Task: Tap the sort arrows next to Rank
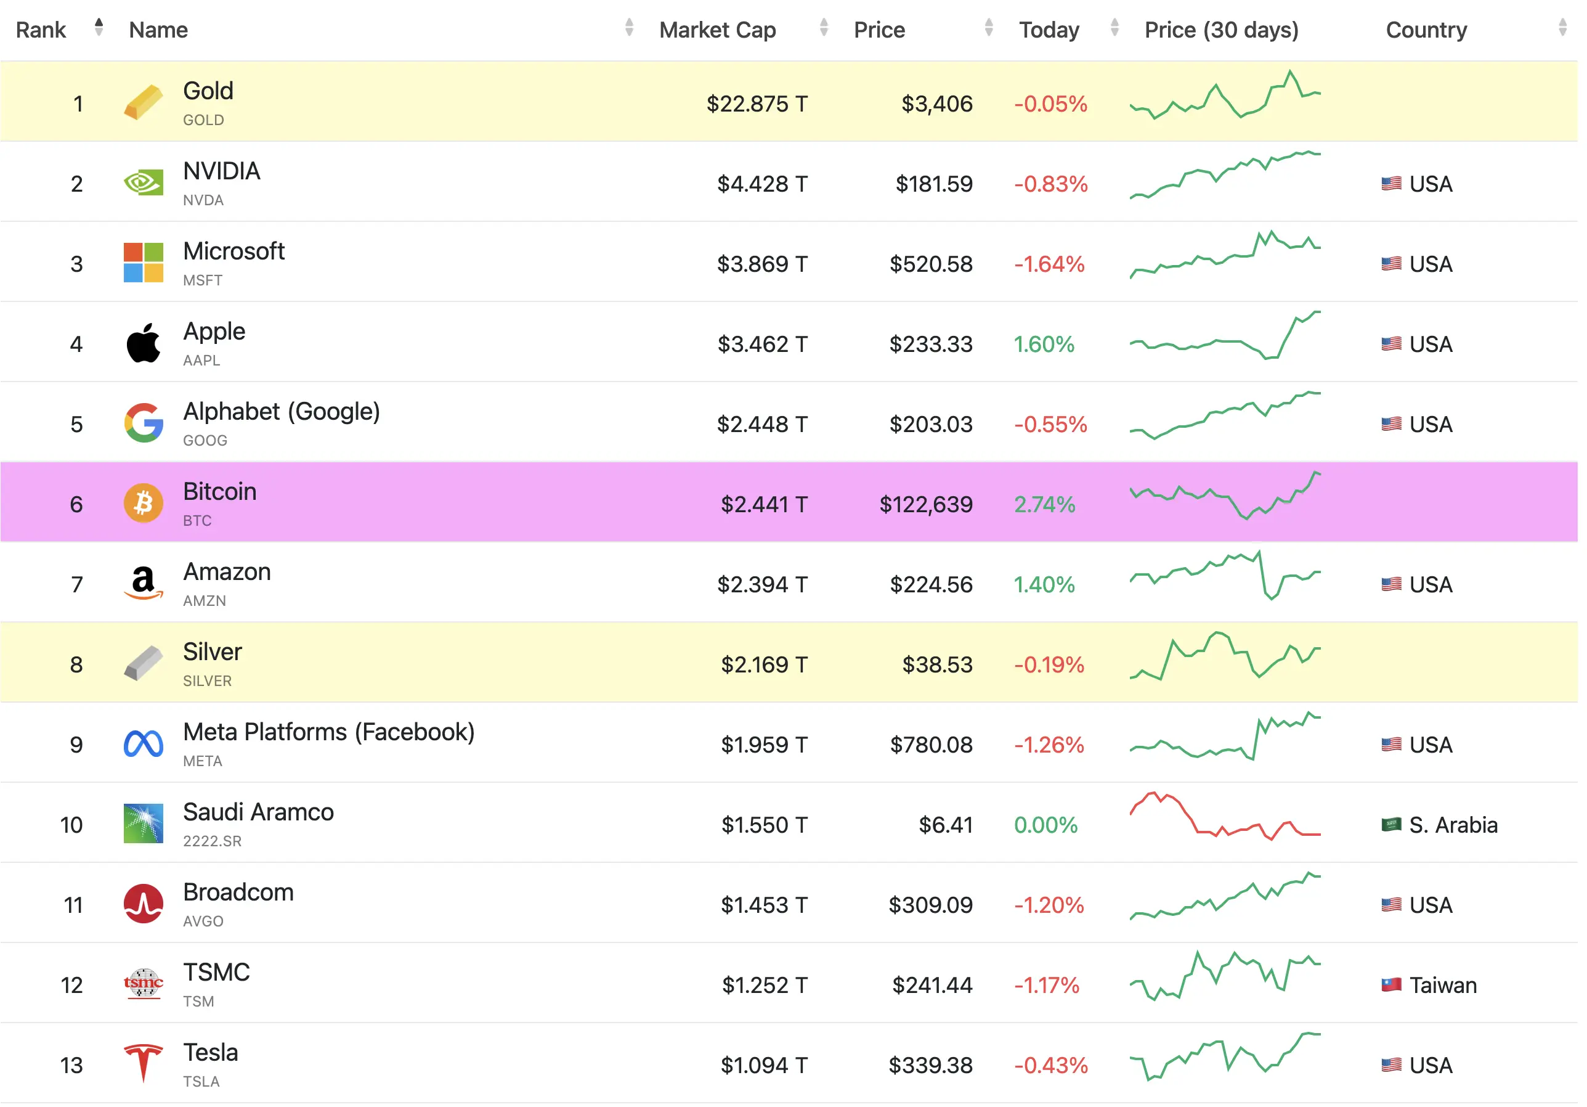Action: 99,27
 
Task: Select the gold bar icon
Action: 144,102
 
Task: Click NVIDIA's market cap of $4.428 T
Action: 761,184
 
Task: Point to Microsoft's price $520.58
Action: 930,264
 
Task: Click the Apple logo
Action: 144,344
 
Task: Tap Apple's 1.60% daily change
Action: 1043,345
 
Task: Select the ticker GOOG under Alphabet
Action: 205,441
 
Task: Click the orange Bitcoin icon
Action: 144,504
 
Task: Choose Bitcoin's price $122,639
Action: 925,505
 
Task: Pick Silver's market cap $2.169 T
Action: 764,664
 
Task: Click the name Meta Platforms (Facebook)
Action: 328,732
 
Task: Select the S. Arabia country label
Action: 1453,825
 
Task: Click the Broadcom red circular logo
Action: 144,904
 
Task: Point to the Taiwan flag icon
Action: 1390,984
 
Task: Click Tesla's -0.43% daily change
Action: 1050,1066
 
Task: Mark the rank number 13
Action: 71,1066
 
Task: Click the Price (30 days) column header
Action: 1221,30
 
